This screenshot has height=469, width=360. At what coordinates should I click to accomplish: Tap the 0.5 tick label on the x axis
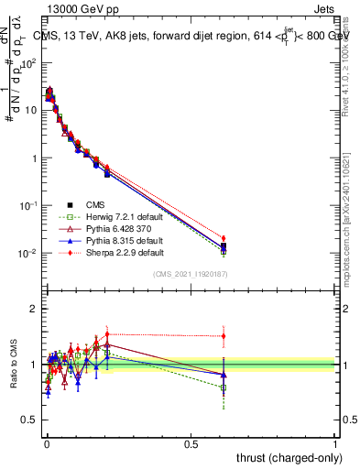191,442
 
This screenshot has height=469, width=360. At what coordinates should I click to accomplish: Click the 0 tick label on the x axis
47,442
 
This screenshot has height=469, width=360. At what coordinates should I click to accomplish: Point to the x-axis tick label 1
335,442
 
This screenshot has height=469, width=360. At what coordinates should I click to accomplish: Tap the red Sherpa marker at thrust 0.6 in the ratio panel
223,335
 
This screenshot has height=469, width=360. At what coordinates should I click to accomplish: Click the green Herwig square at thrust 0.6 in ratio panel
223,387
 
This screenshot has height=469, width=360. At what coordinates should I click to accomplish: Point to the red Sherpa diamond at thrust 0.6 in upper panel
223,238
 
